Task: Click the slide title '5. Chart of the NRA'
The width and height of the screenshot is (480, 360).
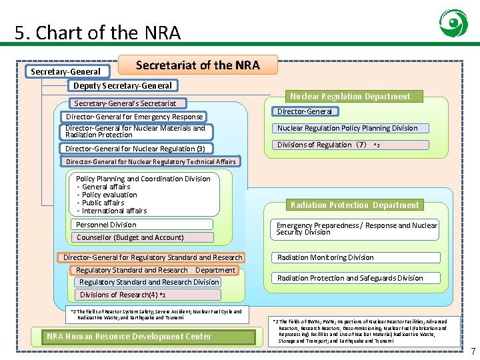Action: pos(97,32)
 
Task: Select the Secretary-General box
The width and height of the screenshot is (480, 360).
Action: pos(66,71)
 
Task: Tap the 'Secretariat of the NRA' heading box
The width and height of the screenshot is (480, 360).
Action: pos(197,65)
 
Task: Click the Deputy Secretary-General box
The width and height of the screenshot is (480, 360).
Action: pos(122,85)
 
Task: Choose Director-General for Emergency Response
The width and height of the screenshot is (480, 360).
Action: pos(134,117)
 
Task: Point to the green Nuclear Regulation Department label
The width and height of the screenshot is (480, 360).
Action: pos(350,96)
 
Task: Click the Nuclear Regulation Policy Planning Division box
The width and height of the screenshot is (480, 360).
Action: pos(349,128)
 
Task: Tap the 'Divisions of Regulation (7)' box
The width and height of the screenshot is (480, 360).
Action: pos(323,145)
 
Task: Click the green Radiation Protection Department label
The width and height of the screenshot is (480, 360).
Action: pos(354,205)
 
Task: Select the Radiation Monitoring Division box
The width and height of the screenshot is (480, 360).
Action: pos(356,257)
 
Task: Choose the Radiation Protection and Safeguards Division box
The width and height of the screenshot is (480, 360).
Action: pos(356,278)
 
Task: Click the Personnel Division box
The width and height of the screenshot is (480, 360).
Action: pos(143,225)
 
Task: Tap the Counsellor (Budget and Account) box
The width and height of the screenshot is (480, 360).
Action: pos(143,237)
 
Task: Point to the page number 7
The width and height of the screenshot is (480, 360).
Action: pos(473,351)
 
